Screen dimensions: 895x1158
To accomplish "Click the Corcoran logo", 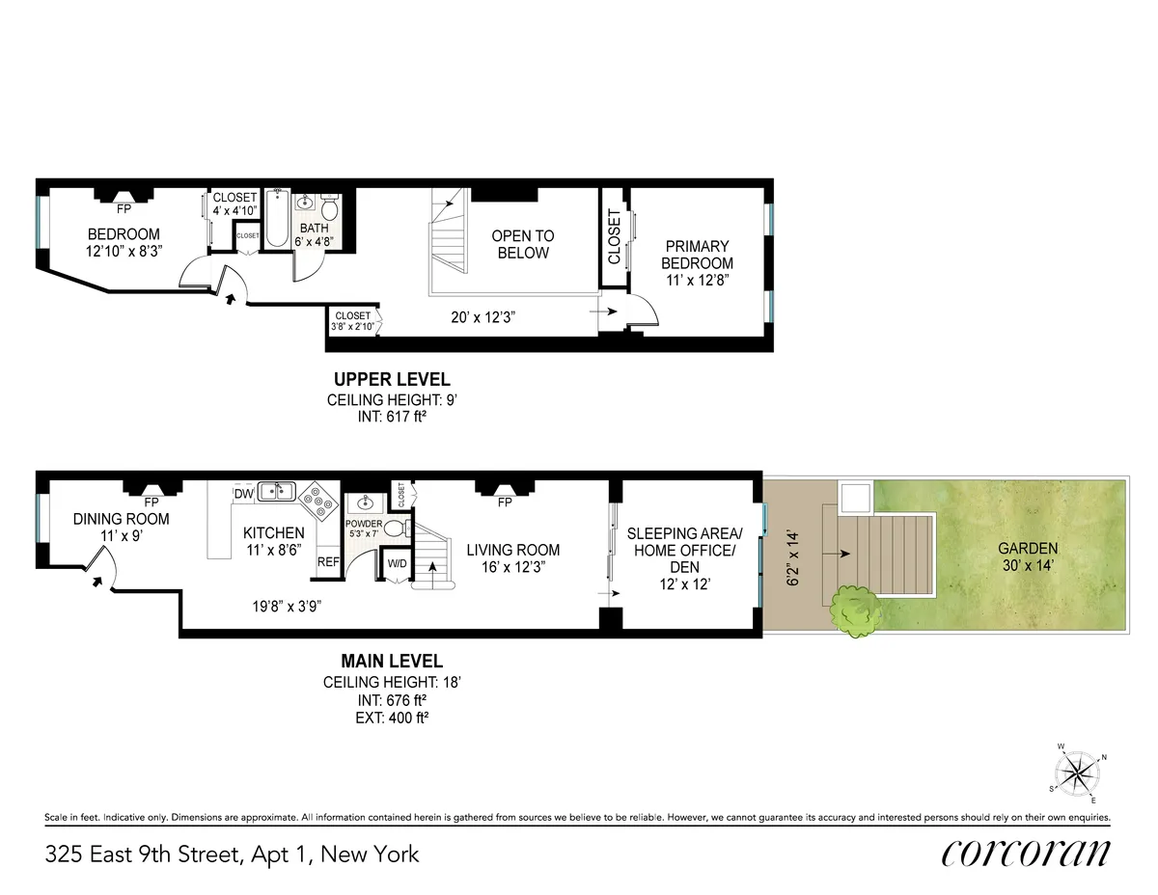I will pyautogui.click(x=1025, y=853).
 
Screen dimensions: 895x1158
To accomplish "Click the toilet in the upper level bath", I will pyautogui.click(x=329, y=207).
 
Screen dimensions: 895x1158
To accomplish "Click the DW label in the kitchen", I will pyautogui.click(x=243, y=494).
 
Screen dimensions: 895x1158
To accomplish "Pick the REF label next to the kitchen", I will pyautogui.click(x=328, y=561).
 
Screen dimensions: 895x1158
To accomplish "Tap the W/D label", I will pyautogui.click(x=397, y=562).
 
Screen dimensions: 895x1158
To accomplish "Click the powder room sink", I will pyautogui.click(x=366, y=502).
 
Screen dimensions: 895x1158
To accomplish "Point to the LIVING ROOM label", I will pyautogui.click(x=512, y=558).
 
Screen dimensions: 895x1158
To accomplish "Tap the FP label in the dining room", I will pyautogui.click(x=151, y=502).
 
